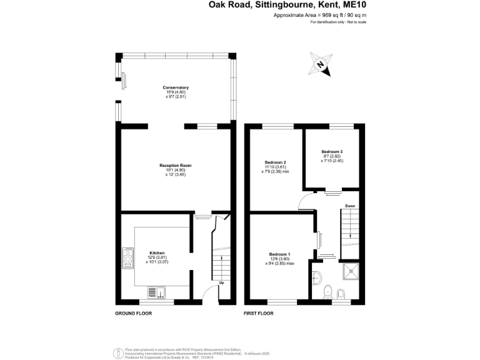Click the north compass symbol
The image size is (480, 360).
[321, 64]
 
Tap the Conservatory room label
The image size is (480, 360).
[176, 87]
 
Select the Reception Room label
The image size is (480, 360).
[176, 166]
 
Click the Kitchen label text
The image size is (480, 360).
[157, 252]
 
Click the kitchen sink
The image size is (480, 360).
[156, 291]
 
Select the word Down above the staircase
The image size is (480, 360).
[351, 206]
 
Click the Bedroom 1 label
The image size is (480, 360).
[279, 254]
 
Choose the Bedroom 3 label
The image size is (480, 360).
[332, 152]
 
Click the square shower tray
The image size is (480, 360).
[352, 269]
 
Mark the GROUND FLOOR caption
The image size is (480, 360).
[132, 312]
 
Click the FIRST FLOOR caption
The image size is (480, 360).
[258, 312]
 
